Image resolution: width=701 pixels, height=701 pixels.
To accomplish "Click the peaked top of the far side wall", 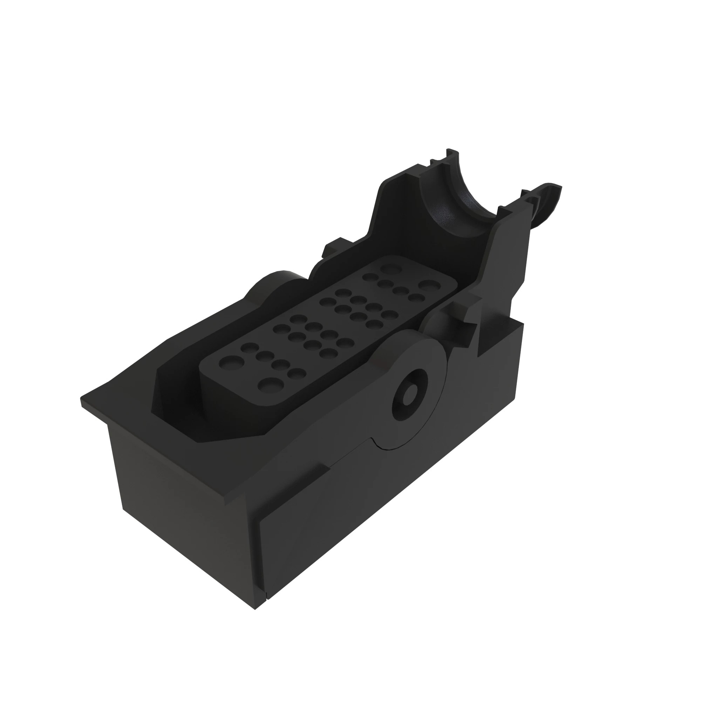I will coord(395,179).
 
